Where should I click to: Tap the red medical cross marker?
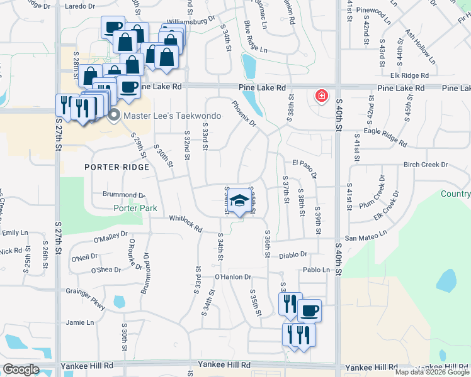tap(321, 96)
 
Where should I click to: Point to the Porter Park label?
tap(135, 208)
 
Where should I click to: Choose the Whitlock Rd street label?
tap(186, 223)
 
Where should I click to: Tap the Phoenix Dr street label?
tap(244, 114)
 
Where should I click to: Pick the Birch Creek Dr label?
tap(425, 165)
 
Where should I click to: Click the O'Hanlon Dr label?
tap(233, 276)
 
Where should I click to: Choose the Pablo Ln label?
tap(316, 270)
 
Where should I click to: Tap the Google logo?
tap(20, 369)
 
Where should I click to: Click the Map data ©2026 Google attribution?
tap(432, 372)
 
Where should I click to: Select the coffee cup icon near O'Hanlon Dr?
tap(309, 310)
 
